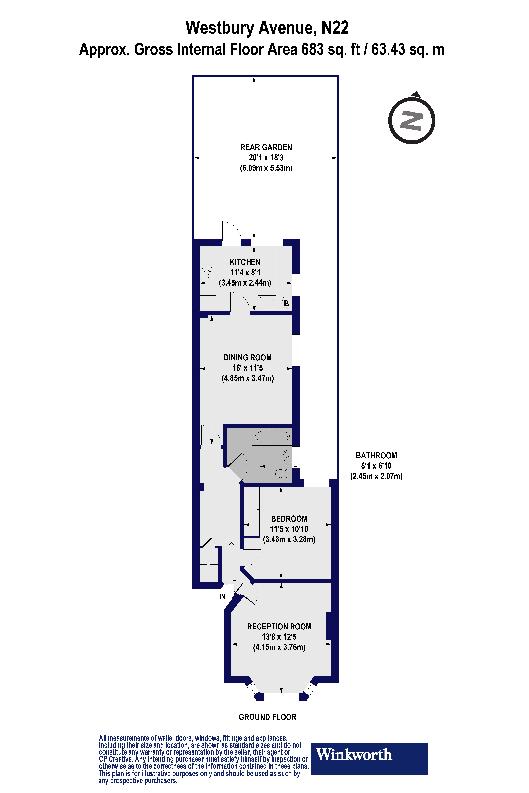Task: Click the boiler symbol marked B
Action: pos(286,303)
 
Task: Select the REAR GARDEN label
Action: pos(266,147)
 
